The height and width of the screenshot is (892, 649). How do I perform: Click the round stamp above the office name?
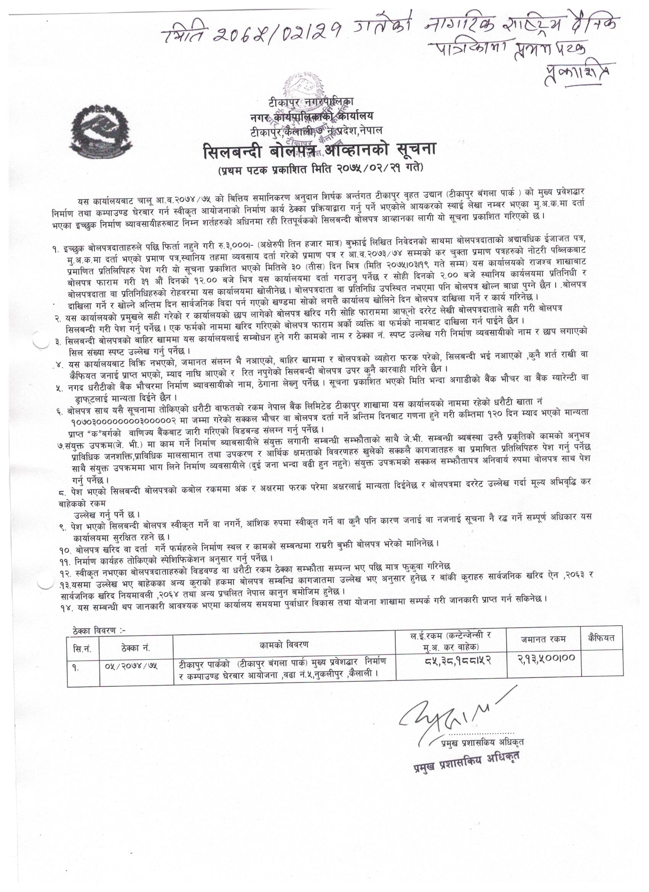tap(305, 87)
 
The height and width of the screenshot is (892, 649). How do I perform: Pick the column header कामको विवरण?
tap(284, 645)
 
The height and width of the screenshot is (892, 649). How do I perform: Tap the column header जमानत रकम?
tap(543, 639)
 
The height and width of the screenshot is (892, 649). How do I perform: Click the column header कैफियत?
tap(601, 638)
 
